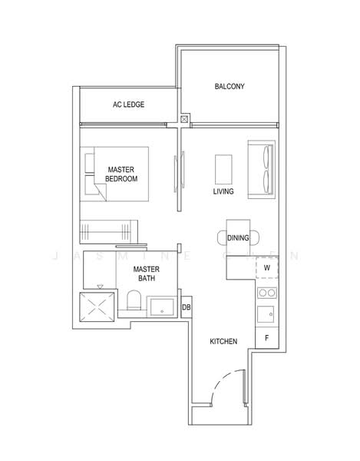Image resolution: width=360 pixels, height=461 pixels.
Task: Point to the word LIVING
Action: tap(223, 191)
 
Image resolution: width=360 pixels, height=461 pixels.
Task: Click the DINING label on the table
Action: tap(238, 238)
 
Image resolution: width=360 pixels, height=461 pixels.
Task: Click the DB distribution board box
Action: tap(186, 307)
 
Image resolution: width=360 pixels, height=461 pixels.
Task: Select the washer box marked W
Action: tap(266, 267)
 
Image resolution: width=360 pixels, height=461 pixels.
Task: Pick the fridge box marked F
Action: tap(266, 337)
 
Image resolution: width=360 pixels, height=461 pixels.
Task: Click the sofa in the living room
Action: tap(260, 168)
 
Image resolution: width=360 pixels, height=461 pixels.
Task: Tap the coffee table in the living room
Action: tap(223, 167)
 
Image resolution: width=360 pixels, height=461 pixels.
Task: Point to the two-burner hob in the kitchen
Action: tap(266, 292)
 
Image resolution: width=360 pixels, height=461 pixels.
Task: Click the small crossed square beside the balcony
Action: tap(184, 119)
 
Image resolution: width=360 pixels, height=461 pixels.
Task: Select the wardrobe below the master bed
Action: tap(109, 230)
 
